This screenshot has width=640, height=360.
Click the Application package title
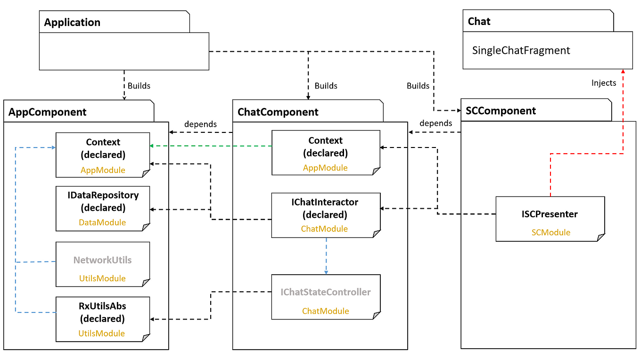(x=72, y=23)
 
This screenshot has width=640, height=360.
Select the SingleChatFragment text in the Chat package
(x=521, y=50)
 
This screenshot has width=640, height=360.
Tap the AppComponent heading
(x=47, y=112)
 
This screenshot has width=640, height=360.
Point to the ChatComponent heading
(x=278, y=112)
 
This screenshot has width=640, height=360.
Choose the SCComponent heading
(x=501, y=111)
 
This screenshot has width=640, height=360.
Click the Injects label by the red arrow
(x=604, y=83)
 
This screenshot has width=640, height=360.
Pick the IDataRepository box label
(x=103, y=195)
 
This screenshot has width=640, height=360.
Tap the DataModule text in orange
(x=102, y=222)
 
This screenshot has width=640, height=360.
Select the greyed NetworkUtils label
(x=102, y=260)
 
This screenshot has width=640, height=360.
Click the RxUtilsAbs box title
(x=102, y=306)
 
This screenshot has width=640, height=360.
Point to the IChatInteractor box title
(x=325, y=202)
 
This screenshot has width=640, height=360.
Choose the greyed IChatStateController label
(x=326, y=292)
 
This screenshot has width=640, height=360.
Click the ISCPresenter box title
(x=550, y=214)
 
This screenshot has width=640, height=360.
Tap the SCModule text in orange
(x=551, y=232)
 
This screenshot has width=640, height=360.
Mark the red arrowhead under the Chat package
(x=623, y=71)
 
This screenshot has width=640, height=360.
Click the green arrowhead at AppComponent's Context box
(x=152, y=146)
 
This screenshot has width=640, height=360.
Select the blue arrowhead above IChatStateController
(x=326, y=272)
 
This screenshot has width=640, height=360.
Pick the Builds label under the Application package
(x=139, y=86)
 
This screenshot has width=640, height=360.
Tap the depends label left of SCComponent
(x=436, y=123)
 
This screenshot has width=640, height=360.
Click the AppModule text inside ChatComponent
(x=325, y=168)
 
